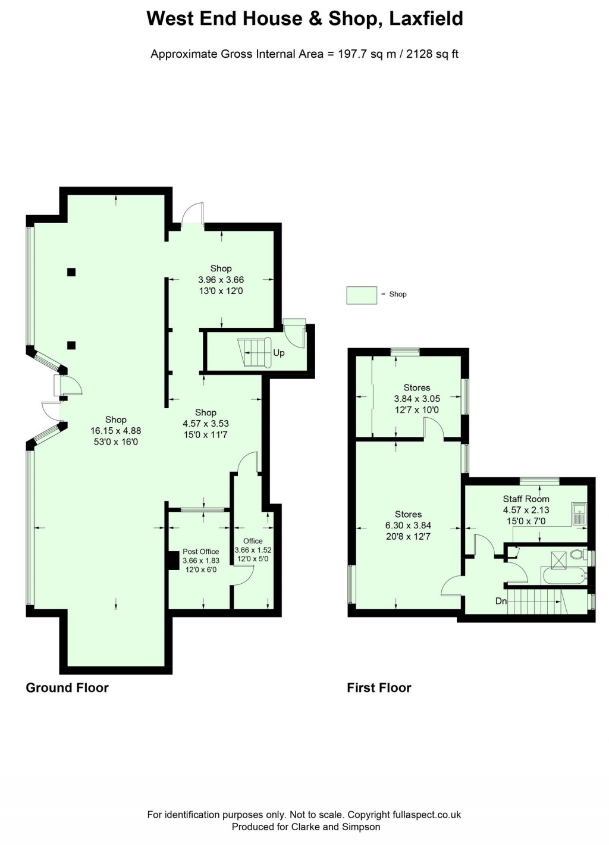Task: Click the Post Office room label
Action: (x=200, y=552)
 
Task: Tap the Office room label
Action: (x=253, y=541)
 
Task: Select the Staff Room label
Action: (x=526, y=499)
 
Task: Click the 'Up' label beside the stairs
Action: (x=279, y=353)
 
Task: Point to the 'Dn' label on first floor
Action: (x=501, y=601)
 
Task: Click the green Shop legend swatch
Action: (x=362, y=295)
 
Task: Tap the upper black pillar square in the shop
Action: (x=71, y=273)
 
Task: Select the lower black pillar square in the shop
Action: (x=71, y=345)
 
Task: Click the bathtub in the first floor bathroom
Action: (x=563, y=575)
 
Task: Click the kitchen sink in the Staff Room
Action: (x=579, y=514)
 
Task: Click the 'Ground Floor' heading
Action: (x=67, y=688)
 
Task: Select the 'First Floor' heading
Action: (x=379, y=688)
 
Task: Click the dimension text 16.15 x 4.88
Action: (x=115, y=431)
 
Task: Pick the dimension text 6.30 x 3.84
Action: (x=408, y=525)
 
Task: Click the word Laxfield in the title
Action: (x=426, y=19)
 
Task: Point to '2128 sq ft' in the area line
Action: (x=432, y=54)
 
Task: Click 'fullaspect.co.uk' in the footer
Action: (x=426, y=815)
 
